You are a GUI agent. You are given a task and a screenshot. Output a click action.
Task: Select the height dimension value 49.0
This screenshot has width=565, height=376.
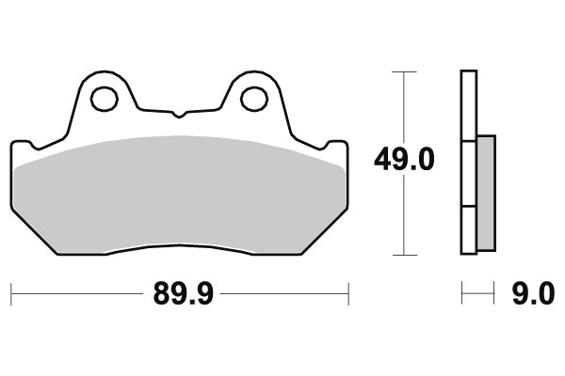(404, 161)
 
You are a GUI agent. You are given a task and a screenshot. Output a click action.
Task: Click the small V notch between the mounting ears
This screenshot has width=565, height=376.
(178, 116)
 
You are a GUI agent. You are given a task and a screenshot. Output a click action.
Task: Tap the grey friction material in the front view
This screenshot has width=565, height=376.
(179, 193)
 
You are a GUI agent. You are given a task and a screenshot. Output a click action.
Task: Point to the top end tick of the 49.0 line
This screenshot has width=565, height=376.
(404, 71)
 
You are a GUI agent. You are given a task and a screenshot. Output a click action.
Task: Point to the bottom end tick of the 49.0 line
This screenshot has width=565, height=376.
(404, 254)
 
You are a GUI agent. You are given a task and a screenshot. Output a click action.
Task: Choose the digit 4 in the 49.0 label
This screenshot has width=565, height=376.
(385, 161)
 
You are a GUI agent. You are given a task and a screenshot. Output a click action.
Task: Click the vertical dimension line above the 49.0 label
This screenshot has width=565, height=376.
(404, 108)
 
